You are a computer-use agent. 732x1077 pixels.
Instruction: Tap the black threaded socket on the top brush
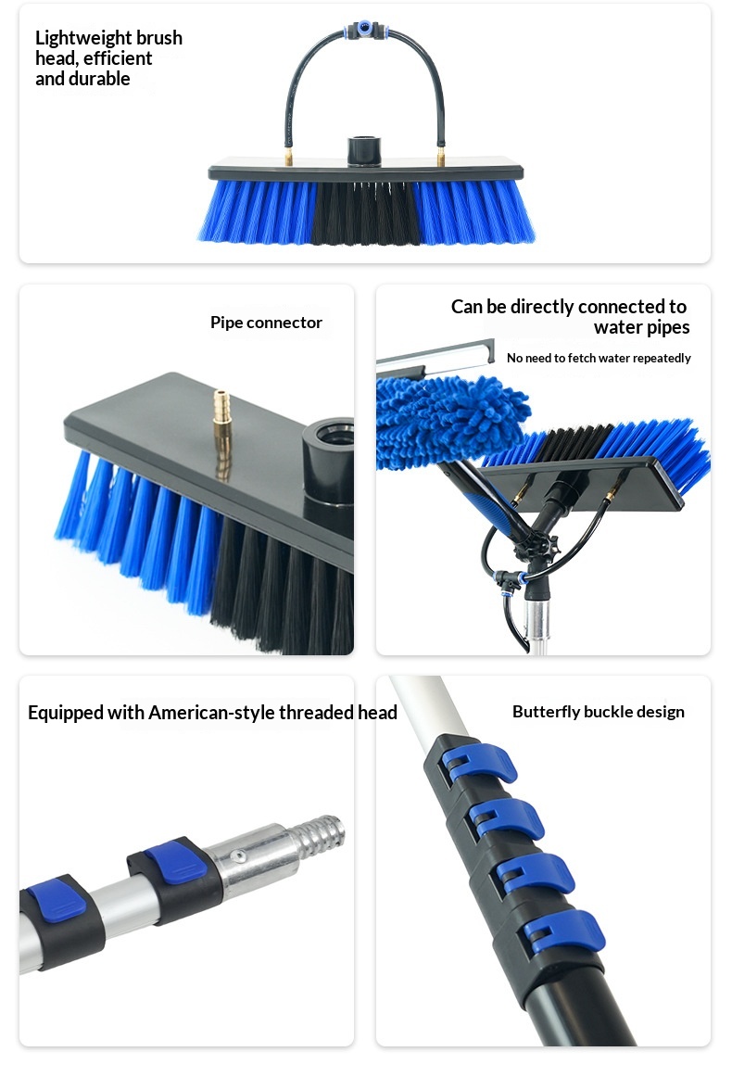point(364,151)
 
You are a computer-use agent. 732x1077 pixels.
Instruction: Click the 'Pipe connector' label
point(266,323)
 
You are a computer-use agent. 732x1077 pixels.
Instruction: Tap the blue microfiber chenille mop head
point(449,422)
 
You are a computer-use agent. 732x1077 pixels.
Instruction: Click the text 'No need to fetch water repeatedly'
point(598,358)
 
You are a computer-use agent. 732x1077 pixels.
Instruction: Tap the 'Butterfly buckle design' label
point(598,712)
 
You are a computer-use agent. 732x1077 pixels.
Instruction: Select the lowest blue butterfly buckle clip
point(563,933)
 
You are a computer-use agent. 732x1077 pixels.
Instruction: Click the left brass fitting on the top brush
point(289,155)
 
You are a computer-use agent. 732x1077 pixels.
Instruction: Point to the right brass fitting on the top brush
point(440,155)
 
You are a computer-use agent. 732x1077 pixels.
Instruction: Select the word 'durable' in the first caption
point(102,79)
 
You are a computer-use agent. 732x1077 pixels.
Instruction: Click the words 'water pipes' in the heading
point(641,327)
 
